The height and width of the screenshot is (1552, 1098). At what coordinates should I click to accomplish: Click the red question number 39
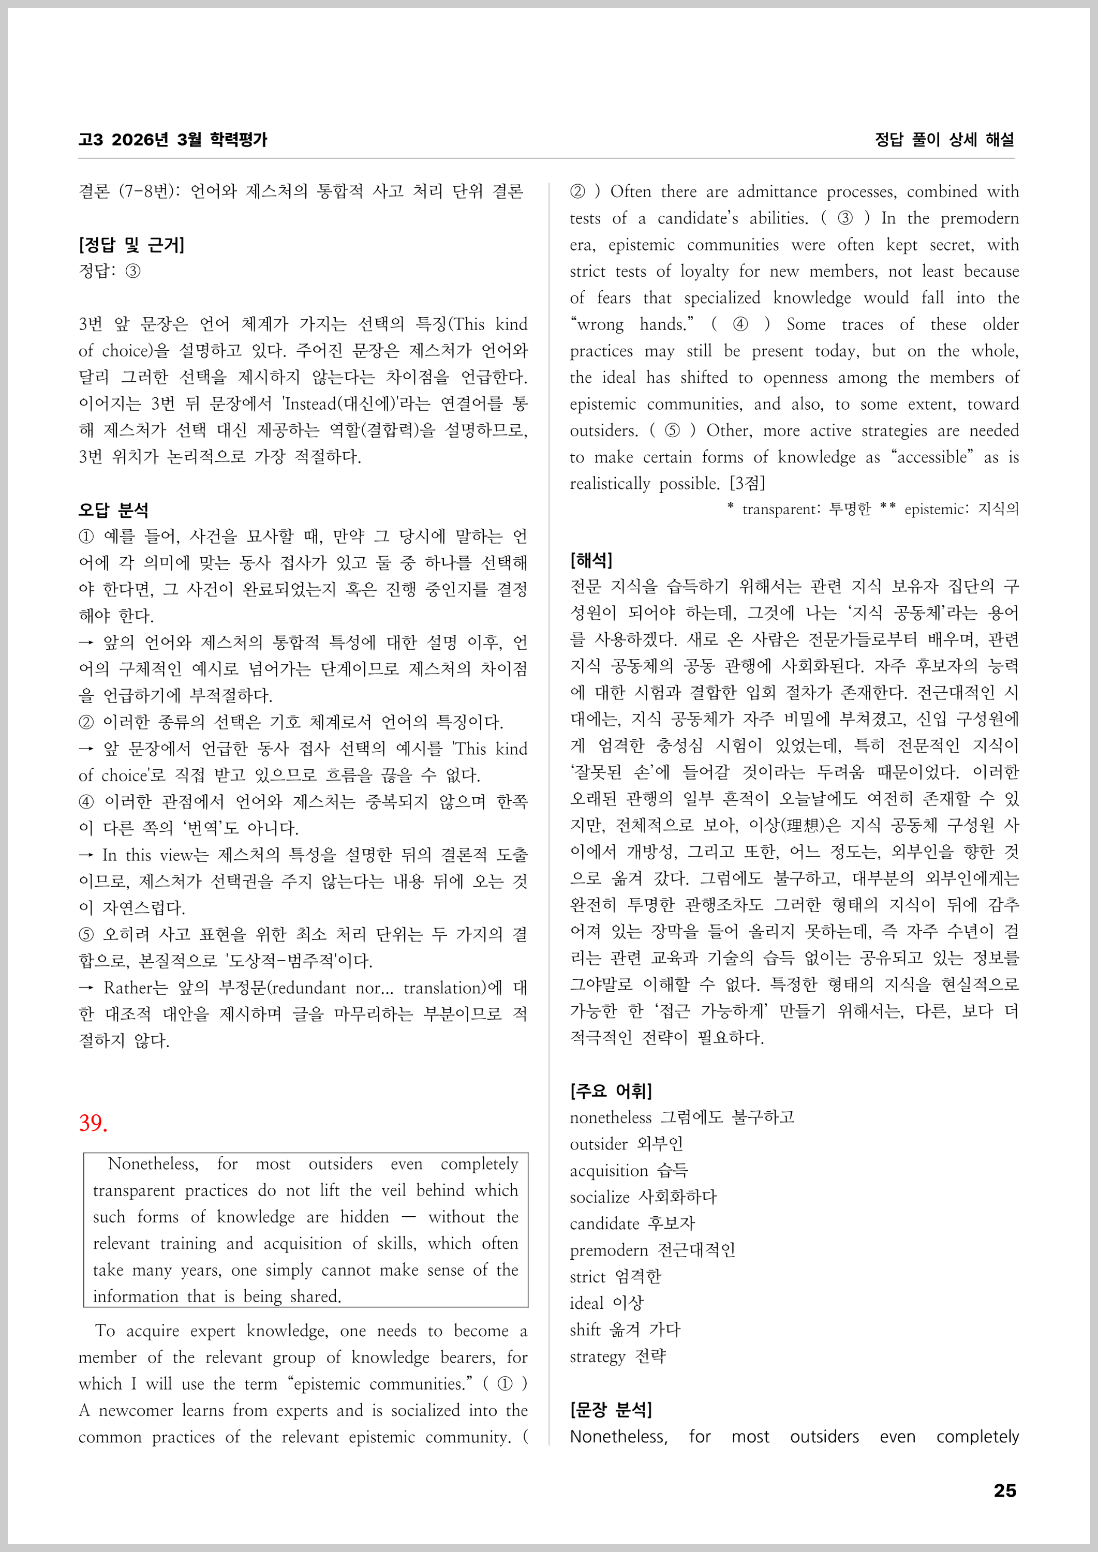pos(93,1123)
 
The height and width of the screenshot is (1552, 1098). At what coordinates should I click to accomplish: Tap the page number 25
pos(1005,1490)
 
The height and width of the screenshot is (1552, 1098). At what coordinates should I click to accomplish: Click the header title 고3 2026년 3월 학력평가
pos(172,140)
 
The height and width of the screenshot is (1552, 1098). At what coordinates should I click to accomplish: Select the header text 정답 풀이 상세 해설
pos(944,140)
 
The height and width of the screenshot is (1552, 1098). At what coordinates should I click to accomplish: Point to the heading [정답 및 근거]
pos(131,245)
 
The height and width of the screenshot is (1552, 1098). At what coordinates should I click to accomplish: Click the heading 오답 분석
pos(113,510)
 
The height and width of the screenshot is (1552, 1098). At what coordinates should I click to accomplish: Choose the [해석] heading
pos(591,560)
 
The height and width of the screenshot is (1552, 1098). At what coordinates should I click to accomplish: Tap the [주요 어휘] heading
pos(611,1091)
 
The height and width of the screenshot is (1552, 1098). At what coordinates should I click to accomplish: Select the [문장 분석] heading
pos(611,1409)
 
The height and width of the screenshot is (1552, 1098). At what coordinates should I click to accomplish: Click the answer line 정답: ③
pos(110,271)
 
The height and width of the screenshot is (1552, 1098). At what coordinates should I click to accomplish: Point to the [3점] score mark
pos(747,483)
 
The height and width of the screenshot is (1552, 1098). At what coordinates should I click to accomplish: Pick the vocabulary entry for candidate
pos(632,1223)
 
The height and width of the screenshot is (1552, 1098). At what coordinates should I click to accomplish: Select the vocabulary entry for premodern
pos(652,1250)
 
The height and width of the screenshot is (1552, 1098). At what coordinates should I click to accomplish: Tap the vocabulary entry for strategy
pos(617,1356)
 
